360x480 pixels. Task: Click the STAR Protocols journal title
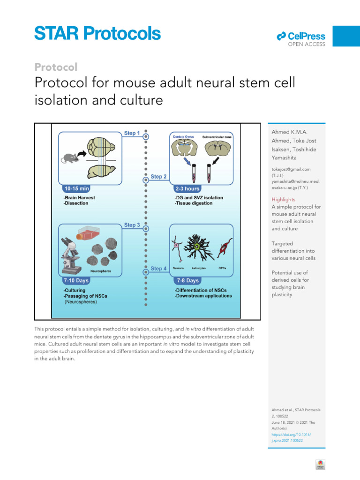(x=97, y=34)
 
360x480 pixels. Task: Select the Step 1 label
(x=132, y=133)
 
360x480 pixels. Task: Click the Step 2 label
(x=159, y=177)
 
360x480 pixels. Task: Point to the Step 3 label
(x=132, y=225)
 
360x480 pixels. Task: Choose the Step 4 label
(x=159, y=269)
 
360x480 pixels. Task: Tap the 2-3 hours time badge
(x=187, y=188)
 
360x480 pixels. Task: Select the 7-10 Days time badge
(x=75, y=281)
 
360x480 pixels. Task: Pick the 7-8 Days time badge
(x=187, y=281)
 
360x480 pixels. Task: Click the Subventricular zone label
(x=217, y=137)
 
